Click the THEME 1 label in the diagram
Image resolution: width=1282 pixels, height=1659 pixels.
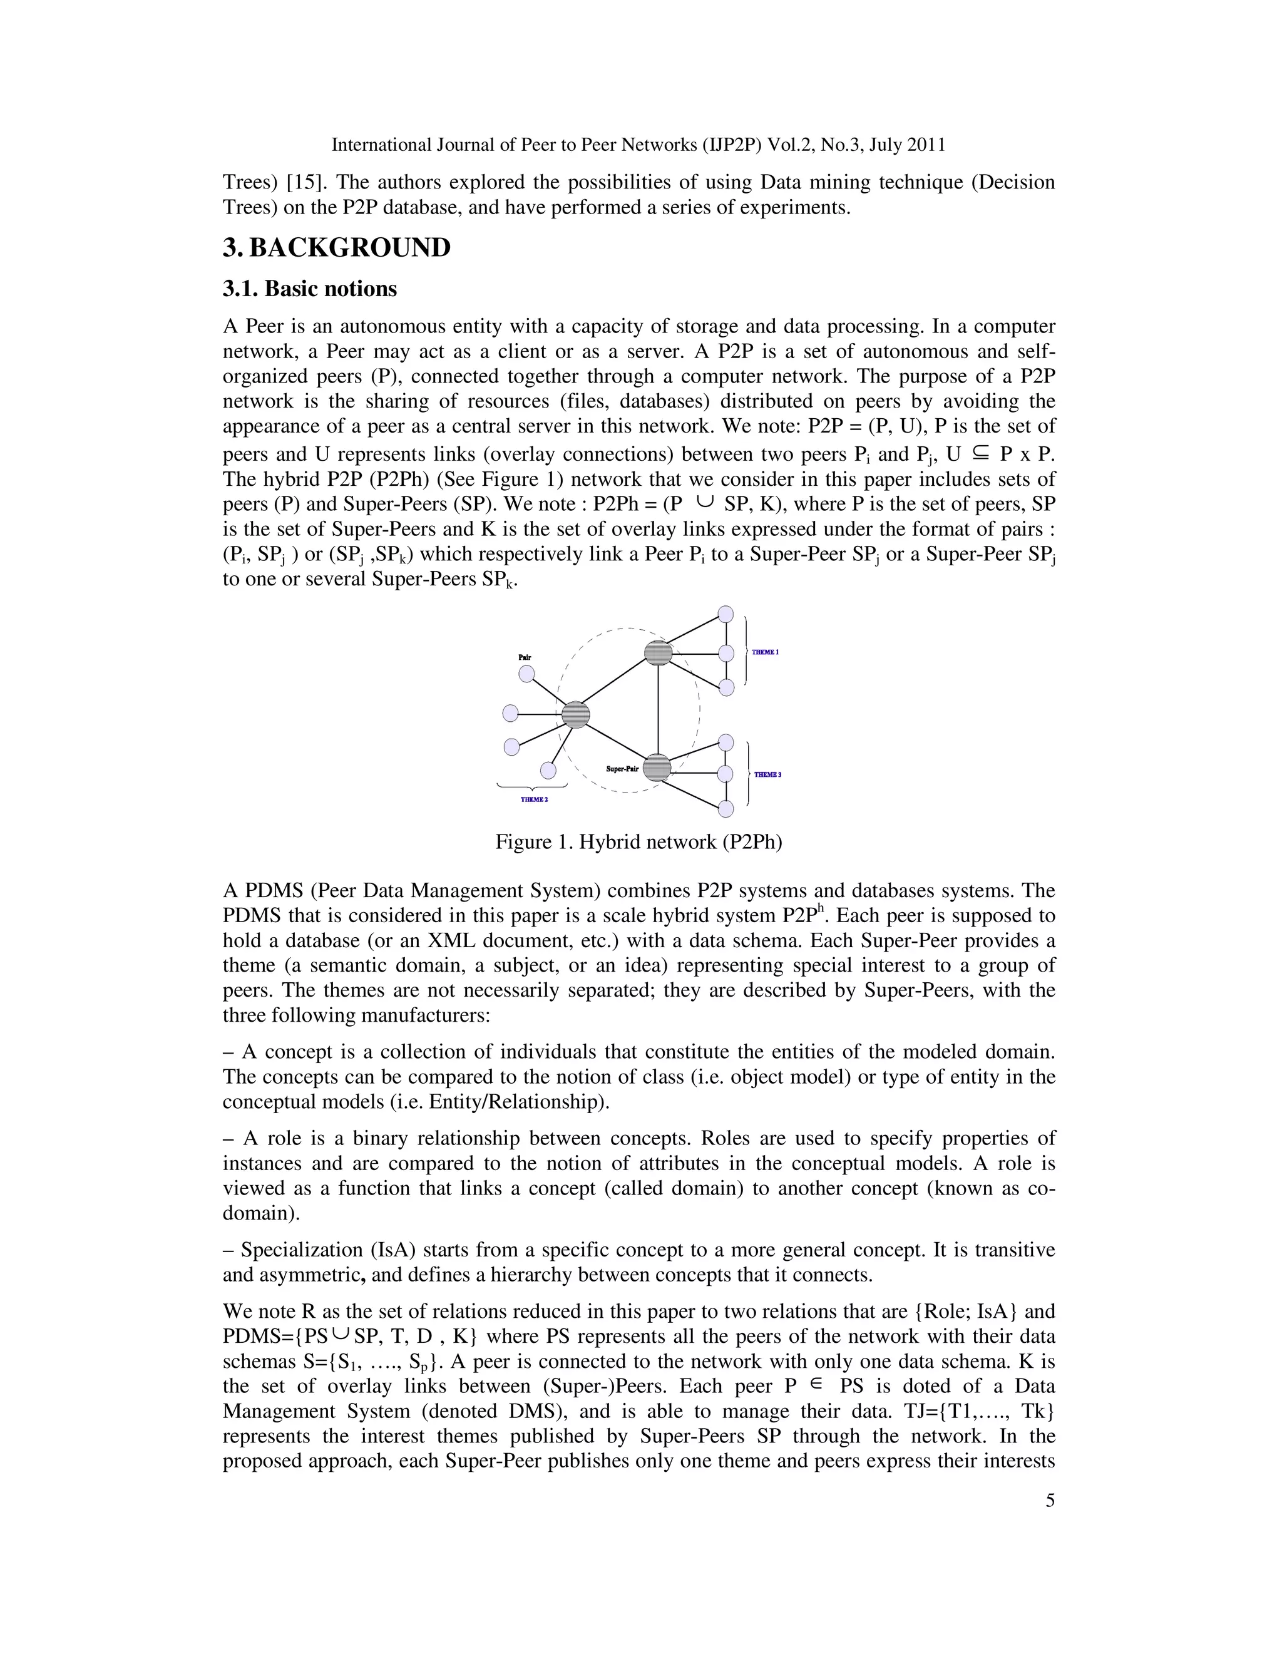[x=765, y=652]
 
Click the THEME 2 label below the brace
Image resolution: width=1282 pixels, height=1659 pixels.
[x=534, y=799]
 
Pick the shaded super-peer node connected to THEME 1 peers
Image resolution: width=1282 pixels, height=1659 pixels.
[x=658, y=652]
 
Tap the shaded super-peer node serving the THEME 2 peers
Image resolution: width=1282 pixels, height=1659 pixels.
[x=577, y=714]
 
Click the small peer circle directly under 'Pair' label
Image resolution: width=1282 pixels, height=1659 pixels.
[x=526, y=674]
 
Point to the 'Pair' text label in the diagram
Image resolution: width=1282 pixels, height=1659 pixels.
[x=525, y=656]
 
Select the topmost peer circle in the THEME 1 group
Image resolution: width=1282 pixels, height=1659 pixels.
[x=726, y=614]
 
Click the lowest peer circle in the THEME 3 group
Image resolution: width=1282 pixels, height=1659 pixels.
[x=726, y=809]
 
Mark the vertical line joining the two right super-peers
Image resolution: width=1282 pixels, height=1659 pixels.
[x=658, y=711]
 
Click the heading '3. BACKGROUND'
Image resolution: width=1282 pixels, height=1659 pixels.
[x=336, y=248]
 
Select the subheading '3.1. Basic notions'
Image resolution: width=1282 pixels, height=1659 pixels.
[x=310, y=289]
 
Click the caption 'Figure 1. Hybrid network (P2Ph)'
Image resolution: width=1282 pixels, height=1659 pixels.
[x=638, y=841]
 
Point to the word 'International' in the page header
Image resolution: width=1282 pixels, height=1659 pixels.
[x=381, y=145]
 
